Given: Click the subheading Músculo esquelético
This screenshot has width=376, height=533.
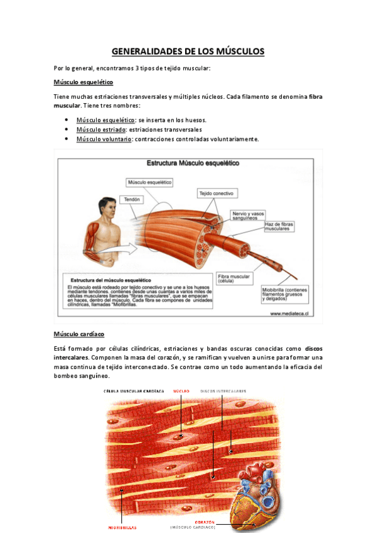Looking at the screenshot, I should coord(83,82).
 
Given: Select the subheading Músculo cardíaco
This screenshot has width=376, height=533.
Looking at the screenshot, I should coord(79,334).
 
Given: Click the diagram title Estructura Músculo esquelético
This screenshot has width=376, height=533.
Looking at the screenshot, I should coord(192,163).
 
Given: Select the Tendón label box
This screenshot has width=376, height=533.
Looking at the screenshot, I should coord(132,199).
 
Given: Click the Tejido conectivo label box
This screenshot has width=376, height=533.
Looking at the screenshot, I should coord(216,193).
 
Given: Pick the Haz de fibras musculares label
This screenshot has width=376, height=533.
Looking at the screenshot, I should coord(280,227).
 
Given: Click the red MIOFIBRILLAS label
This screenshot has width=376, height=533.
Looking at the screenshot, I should coord(122,527).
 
